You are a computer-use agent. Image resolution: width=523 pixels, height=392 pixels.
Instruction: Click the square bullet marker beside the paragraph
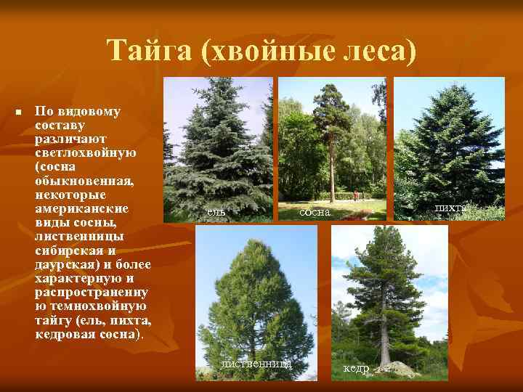click(x=19, y=113)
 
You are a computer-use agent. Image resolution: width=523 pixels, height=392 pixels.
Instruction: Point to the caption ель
click(x=216, y=211)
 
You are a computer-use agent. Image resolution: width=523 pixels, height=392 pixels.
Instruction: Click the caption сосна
click(x=315, y=212)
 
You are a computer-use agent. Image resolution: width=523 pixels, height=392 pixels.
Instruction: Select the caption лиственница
click(x=256, y=363)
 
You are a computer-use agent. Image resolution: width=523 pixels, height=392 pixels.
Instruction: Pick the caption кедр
click(x=355, y=369)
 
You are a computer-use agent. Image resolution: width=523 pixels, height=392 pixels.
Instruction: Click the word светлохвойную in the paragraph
click(x=85, y=153)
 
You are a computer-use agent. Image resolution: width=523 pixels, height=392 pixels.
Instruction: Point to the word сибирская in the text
click(x=71, y=250)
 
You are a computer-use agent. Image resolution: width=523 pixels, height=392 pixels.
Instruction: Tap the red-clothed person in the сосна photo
click(x=356, y=195)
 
